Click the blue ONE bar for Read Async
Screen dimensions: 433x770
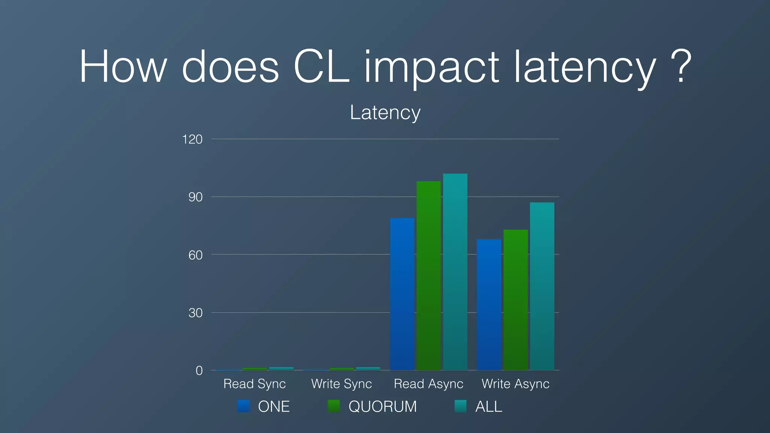pyautogui.click(x=402, y=294)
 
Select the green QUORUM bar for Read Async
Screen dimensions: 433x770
pyautogui.click(x=429, y=276)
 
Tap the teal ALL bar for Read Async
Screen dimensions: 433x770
pyautogui.click(x=455, y=272)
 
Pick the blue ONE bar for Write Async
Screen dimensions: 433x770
pyautogui.click(x=489, y=304)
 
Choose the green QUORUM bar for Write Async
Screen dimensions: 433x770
pyautogui.click(x=515, y=300)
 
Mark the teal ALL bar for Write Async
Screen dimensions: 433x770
pyautogui.click(x=542, y=286)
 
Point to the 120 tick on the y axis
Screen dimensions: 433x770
pyautogui.click(x=192, y=139)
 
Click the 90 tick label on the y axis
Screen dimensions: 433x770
pyautogui.click(x=195, y=197)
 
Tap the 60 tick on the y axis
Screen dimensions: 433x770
pyautogui.click(x=195, y=255)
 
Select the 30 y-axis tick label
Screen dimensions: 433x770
pyautogui.click(x=195, y=313)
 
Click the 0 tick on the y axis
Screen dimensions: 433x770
pyautogui.click(x=199, y=371)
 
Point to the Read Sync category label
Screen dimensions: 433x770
pyautogui.click(x=255, y=384)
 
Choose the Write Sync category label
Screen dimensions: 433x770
pyautogui.click(x=341, y=384)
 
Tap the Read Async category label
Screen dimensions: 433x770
pyautogui.click(x=428, y=384)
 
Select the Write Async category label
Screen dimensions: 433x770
pyautogui.click(x=515, y=384)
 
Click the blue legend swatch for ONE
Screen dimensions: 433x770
pyautogui.click(x=244, y=406)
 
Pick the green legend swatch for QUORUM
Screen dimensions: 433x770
pyautogui.click(x=334, y=406)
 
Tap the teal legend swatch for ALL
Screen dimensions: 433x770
pyautogui.click(x=461, y=406)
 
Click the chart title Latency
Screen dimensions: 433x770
pyautogui.click(x=385, y=112)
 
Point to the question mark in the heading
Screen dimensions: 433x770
pyautogui.click(x=680, y=67)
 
